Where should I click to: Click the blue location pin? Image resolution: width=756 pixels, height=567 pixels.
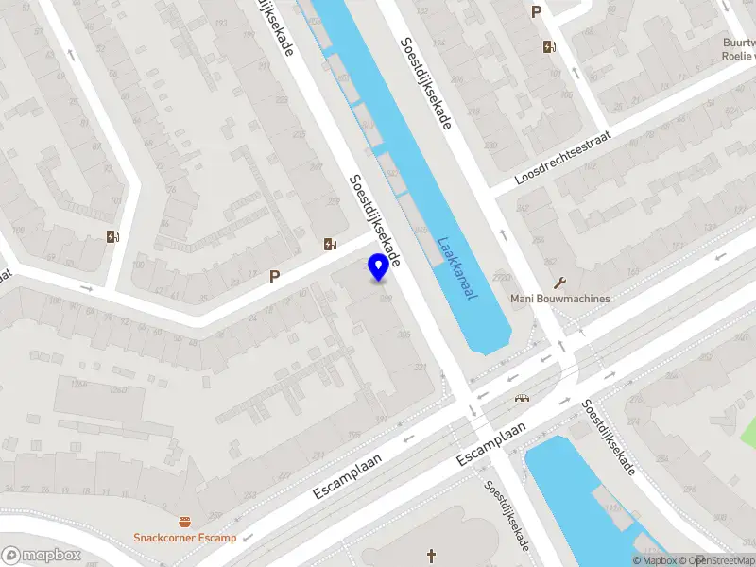(379, 266)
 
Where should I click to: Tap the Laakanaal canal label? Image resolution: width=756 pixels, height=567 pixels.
(456, 268)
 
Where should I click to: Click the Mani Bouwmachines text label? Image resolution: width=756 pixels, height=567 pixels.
(559, 299)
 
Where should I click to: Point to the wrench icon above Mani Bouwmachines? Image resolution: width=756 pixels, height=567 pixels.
(559, 282)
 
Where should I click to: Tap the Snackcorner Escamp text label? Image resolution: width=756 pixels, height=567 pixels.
(184, 538)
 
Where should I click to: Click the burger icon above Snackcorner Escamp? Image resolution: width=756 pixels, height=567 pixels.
(184, 521)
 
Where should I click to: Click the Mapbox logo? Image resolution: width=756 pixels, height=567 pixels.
(42, 555)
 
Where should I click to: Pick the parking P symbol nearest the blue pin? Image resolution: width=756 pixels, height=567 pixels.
(275, 277)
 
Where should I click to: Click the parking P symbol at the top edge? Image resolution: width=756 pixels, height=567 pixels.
(537, 12)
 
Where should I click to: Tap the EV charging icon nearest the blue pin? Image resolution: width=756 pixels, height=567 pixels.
(330, 245)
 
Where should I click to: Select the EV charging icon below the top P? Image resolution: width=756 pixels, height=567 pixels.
(549, 46)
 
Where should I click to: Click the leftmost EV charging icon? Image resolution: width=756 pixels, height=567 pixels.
(113, 236)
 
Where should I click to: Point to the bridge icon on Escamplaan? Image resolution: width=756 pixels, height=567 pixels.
(519, 398)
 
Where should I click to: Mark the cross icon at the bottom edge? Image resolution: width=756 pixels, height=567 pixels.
(432, 555)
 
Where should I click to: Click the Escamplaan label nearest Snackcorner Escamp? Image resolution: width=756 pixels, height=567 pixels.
(347, 477)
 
